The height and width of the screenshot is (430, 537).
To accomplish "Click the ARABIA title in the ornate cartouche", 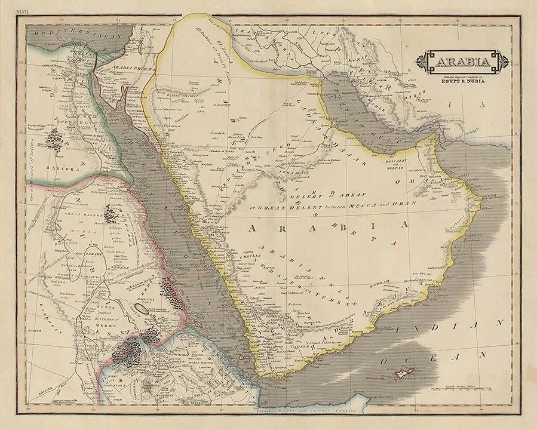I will [462, 62].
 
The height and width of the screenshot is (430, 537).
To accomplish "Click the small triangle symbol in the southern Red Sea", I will [241, 355].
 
